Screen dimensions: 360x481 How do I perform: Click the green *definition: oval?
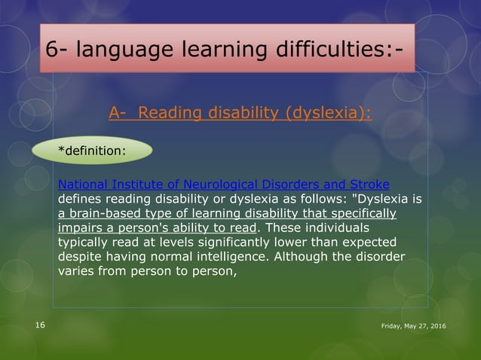(92, 150)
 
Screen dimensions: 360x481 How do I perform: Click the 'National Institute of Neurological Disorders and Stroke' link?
(223, 185)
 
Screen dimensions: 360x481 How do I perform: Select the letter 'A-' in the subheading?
(118, 114)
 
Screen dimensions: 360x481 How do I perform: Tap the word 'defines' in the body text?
(80, 199)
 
